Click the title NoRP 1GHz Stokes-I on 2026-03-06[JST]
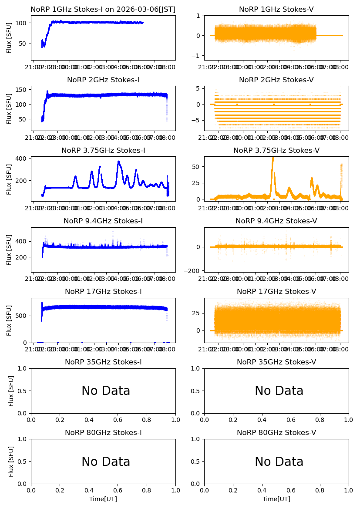(103, 9)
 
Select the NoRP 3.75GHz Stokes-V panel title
(276, 150)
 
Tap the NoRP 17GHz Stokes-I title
(103, 291)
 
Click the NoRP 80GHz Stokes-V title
(276, 432)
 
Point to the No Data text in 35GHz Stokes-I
(106, 391)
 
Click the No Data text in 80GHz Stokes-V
(279, 462)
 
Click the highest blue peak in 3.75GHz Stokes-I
(118, 162)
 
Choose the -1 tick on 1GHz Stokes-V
(198, 56)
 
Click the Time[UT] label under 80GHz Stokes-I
(103, 499)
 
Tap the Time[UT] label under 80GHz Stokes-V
(276, 499)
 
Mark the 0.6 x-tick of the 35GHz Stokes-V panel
(291, 420)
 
